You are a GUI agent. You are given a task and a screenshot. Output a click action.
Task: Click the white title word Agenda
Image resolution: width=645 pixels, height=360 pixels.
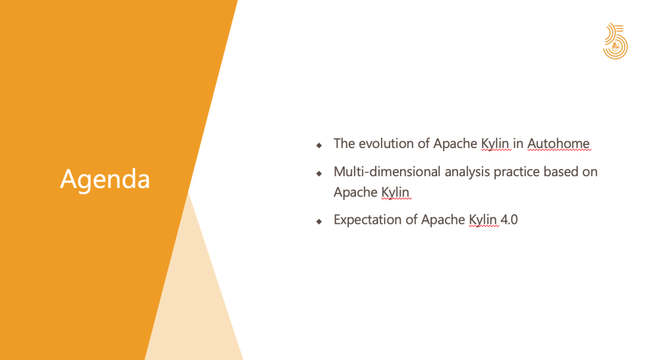[x=105, y=179]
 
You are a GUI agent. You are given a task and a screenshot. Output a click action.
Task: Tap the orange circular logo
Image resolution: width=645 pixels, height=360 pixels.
[x=615, y=41]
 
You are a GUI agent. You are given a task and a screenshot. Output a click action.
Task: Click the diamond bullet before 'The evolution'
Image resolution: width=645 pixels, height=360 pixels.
[x=319, y=145]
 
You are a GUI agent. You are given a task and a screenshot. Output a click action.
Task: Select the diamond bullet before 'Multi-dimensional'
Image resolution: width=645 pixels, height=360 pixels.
[x=319, y=174]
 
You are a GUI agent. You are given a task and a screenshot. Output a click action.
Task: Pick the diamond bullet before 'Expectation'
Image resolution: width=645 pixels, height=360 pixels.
[x=319, y=221]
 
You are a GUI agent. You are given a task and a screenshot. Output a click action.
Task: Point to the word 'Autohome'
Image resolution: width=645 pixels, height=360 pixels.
[x=558, y=144]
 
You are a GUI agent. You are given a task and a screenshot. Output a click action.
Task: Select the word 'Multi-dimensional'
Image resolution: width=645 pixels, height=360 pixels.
[x=387, y=171]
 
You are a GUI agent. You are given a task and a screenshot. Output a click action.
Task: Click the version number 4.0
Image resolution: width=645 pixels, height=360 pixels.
[x=509, y=220]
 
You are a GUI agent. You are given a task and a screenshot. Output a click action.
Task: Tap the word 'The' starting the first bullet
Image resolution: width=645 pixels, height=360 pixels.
[x=345, y=144]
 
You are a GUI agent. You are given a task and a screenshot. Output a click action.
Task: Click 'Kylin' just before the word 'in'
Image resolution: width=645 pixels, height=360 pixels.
[x=495, y=144]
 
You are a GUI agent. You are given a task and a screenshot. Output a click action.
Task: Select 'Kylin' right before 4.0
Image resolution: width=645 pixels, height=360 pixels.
[x=483, y=220]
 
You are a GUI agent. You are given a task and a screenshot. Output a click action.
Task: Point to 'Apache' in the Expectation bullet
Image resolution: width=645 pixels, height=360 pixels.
[x=443, y=220]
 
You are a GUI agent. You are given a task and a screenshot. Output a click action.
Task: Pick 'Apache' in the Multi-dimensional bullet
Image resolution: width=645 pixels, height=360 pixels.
[x=355, y=192]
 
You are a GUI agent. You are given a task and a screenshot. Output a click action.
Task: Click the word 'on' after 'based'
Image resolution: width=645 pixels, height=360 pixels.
[x=590, y=172]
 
